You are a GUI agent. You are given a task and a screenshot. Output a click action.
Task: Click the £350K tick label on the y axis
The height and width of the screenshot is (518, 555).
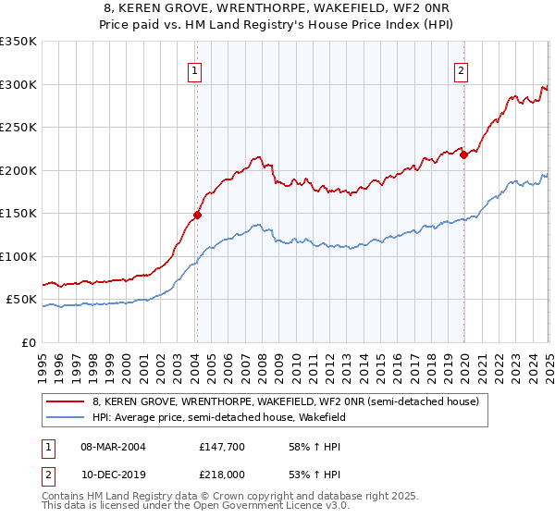(x=18, y=42)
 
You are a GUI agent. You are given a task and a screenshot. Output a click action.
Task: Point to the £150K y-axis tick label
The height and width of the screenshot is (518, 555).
(x=18, y=214)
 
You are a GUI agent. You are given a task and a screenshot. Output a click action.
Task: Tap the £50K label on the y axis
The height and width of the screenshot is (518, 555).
(x=21, y=300)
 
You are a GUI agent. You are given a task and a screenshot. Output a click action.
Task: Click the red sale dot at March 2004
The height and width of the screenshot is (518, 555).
(x=197, y=216)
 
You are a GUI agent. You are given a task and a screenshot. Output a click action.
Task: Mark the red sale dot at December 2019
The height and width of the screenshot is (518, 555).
(x=463, y=155)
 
